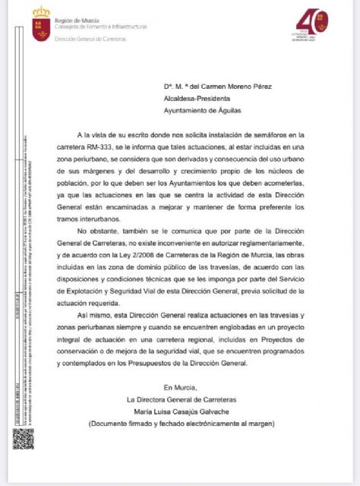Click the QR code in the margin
tap(23, 439)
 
